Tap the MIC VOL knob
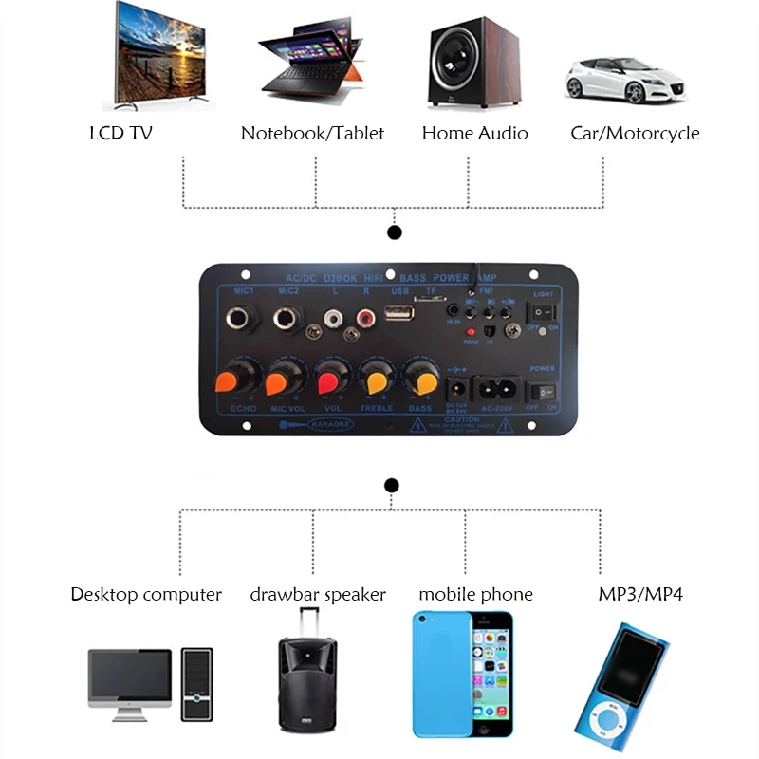[x=280, y=382]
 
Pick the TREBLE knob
[x=377, y=381]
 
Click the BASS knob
[x=420, y=379]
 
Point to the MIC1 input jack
[x=238, y=319]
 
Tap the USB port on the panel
[x=399, y=315]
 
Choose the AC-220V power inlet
[x=497, y=389]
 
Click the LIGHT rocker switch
[x=543, y=310]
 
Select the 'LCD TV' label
[x=120, y=133]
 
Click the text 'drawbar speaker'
[x=318, y=595]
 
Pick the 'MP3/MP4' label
[x=640, y=595]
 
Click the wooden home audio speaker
[x=473, y=61]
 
